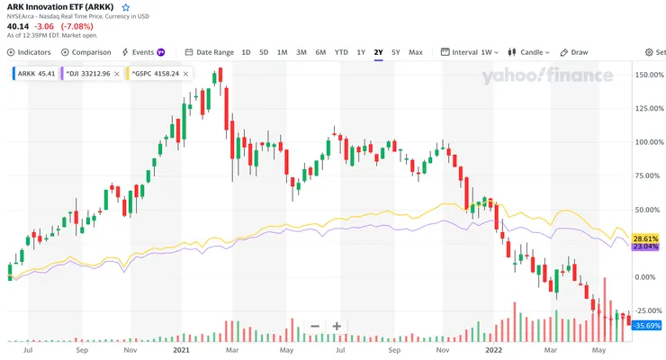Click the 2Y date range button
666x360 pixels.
tap(379, 52)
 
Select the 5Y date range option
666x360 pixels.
tap(396, 52)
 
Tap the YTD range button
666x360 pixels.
tap(341, 52)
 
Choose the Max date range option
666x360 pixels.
tap(416, 52)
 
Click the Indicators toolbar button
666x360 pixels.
tap(29, 52)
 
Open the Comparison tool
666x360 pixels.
tap(86, 52)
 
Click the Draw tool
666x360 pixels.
tap(574, 52)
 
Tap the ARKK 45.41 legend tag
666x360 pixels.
tap(33, 74)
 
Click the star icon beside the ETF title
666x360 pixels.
tap(126, 6)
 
